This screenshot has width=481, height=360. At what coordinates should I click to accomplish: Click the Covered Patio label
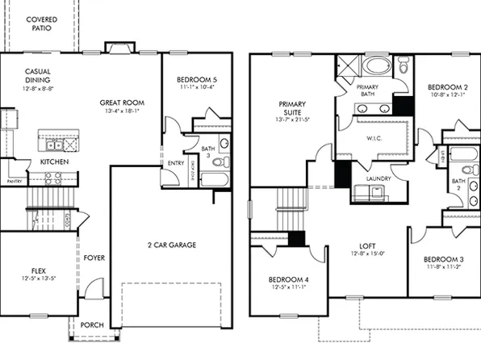[x=38, y=23]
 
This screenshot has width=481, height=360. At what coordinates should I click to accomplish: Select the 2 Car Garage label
[x=171, y=245]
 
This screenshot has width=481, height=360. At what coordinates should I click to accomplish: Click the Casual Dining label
[x=38, y=75]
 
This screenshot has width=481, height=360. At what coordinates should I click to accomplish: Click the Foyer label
[x=94, y=258]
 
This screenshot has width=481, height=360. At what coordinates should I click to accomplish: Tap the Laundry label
[x=378, y=178]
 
